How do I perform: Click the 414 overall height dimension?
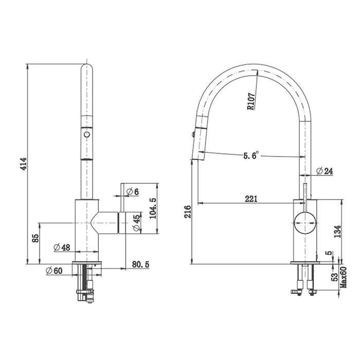[x=24, y=164]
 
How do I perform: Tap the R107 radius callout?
[x=251, y=101]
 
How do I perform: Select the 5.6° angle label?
[x=251, y=156]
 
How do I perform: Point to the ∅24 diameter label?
[x=324, y=171]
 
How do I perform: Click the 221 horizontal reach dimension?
[x=251, y=199]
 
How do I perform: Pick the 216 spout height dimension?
[x=188, y=212]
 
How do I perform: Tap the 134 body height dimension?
[x=337, y=231]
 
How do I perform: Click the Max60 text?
[x=344, y=277]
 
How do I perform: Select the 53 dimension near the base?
[x=335, y=277]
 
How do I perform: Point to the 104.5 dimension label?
[x=153, y=208]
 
